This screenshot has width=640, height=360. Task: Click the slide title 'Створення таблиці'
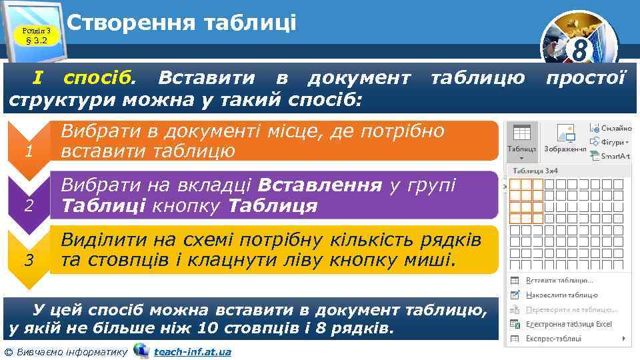[181, 23]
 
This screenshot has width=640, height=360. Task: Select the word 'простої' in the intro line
[586, 79]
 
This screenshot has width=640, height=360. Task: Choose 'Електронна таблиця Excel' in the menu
[568, 324]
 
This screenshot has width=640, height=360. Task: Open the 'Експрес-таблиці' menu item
[553, 339]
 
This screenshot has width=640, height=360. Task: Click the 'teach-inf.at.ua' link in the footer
[192, 351]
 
